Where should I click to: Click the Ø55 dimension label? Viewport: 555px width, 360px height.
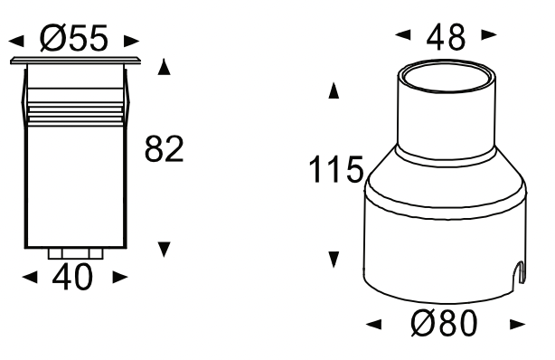pos(73,38)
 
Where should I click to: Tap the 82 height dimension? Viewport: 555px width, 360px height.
pos(165,149)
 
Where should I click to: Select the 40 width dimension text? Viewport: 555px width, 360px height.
pos(72,277)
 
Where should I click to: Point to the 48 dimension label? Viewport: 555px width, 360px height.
pos(446,37)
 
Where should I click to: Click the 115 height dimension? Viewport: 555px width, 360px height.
pos(336,169)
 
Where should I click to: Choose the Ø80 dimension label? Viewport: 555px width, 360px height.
pos(444,323)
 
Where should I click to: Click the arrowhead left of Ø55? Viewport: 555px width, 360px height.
pos(16,41)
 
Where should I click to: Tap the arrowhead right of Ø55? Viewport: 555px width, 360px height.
pos(131,41)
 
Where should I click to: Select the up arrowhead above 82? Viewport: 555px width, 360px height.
pos(164,67)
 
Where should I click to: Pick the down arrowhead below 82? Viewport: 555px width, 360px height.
pos(165,250)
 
